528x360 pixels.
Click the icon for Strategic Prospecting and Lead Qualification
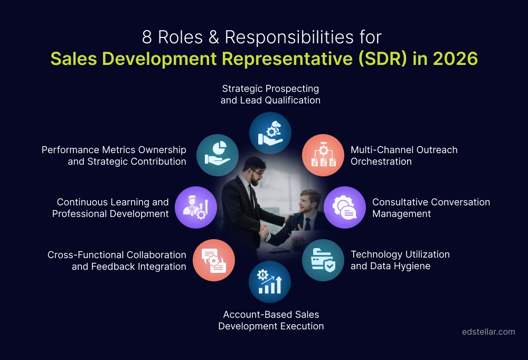click(x=270, y=132)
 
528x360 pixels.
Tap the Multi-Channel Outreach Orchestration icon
click(x=323, y=155)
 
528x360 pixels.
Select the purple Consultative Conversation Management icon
click(x=344, y=207)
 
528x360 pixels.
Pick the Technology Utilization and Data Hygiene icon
click(x=323, y=260)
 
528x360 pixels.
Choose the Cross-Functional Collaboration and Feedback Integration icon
click(x=214, y=260)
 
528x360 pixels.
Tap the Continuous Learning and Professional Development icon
click(x=196, y=207)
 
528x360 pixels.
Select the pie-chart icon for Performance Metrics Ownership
click(x=218, y=155)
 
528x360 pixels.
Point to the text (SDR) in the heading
click(x=380, y=59)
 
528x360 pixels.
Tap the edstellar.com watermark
click(x=488, y=332)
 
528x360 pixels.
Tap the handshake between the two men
click(x=263, y=231)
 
